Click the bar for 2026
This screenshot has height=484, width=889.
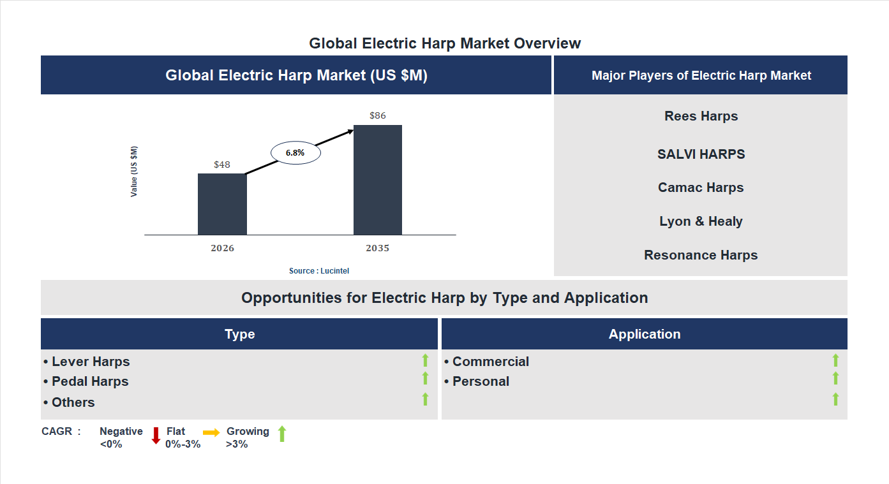222,204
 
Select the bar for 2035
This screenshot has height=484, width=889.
378,180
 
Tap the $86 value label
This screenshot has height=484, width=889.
378,115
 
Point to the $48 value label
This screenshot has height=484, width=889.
222,165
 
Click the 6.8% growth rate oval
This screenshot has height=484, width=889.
295,153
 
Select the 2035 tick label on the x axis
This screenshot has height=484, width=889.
378,248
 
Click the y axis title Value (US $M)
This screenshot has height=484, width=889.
134,172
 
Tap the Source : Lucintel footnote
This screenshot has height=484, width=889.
319,271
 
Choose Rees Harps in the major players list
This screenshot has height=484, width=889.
701,116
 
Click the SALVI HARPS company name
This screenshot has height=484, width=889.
701,154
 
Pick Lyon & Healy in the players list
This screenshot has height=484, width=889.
701,221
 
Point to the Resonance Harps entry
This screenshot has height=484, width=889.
701,255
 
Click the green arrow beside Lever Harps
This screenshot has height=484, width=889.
425,361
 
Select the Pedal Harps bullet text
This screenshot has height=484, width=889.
87,381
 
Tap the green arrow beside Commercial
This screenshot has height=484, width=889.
835,361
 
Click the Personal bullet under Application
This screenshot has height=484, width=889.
477,381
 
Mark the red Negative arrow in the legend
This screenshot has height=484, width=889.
156,436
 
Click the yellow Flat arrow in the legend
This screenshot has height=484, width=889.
211,432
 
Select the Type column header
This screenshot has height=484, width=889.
239,334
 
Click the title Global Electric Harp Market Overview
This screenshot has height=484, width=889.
445,43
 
